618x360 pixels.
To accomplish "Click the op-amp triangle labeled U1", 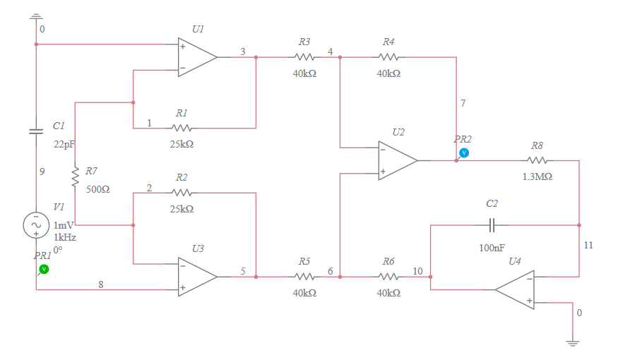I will pyautogui.click(x=196, y=57).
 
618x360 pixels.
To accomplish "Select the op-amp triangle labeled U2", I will pyautogui.click(x=397, y=160).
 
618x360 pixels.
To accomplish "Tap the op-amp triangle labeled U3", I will pyautogui.click(x=196, y=276).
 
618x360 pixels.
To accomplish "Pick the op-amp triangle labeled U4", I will pyautogui.click(x=516, y=289).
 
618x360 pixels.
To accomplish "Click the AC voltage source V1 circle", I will pyautogui.click(x=35, y=225).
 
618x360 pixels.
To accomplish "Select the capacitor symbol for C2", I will pyautogui.click(x=492, y=225).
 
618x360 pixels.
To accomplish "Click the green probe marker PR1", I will pyautogui.click(x=44, y=269).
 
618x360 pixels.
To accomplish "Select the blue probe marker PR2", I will pyautogui.click(x=464, y=152).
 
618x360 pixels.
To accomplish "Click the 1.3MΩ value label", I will pyautogui.click(x=537, y=176).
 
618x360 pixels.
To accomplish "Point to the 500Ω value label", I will pyautogui.click(x=97, y=190).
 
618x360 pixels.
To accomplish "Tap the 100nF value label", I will pyautogui.click(x=492, y=248).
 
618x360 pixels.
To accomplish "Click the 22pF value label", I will pyautogui.click(x=64, y=144).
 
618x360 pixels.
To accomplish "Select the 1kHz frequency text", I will pyautogui.click(x=65, y=237).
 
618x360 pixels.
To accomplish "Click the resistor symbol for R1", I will pyautogui.click(x=182, y=128).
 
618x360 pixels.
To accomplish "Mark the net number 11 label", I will pyautogui.click(x=588, y=245).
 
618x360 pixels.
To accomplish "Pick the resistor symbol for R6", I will pyautogui.click(x=388, y=277).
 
